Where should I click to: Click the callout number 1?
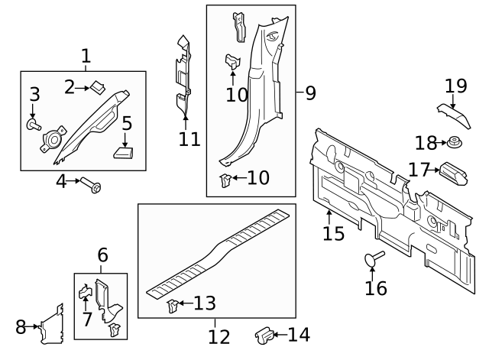[x=86, y=56]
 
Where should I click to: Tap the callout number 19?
[x=455, y=86]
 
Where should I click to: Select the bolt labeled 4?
[x=92, y=186]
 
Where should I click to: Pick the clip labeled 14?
[x=264, y=334]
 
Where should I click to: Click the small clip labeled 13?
[x=173, y=306]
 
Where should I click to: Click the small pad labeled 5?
[x=123, y=151]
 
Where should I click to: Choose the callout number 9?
[x=309, y=93]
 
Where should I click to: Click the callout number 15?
[x=334, y=233]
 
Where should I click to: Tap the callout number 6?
[x=102, y=255]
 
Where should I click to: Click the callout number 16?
[x=376, y=287]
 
